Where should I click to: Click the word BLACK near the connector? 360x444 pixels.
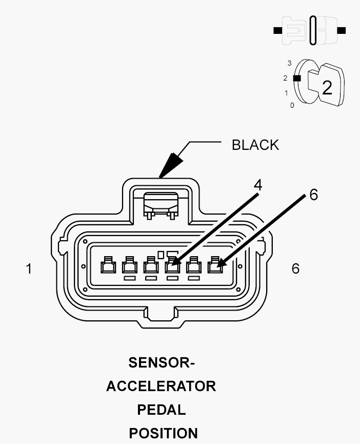255,145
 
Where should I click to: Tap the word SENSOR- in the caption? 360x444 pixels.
162,362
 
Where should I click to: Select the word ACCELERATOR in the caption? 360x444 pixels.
161,386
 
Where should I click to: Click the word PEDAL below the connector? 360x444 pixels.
162,410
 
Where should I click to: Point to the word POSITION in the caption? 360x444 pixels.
163,433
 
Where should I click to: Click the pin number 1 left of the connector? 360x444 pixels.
29,269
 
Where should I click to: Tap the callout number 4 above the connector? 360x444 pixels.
257,185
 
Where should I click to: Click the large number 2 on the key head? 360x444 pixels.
327,88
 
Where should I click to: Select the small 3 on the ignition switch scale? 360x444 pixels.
289,63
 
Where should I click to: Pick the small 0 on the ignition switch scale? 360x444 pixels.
292,105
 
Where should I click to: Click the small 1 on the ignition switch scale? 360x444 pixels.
286,93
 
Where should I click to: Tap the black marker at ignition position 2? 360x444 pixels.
296,78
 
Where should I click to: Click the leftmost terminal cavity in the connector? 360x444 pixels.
108,265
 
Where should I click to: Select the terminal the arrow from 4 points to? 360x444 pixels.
172,265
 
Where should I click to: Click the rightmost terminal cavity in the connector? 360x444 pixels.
215,265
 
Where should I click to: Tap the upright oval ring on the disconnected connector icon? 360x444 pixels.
313,30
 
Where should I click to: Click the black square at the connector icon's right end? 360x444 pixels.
342,30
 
